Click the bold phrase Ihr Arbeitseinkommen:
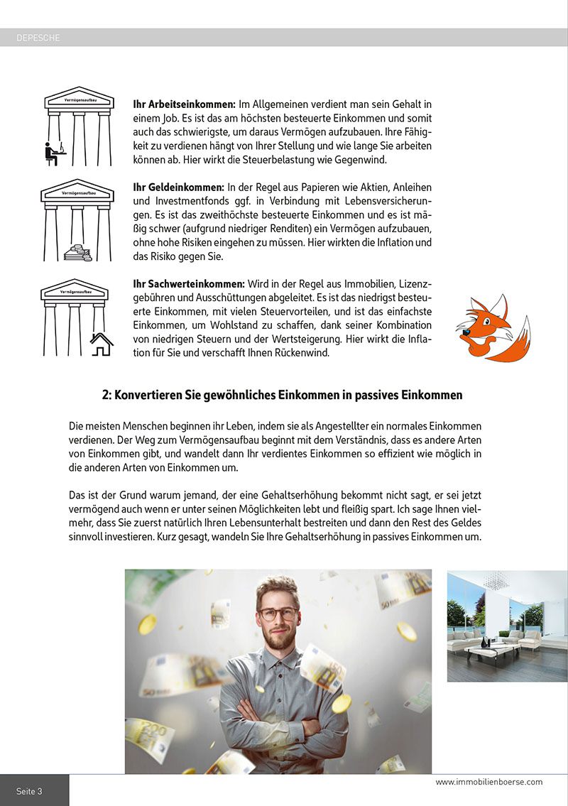[184, 105]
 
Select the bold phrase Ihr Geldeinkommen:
[178, 187]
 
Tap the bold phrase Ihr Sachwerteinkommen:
[189, 283]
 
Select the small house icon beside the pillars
[102, 344]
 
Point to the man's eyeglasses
[278, 613]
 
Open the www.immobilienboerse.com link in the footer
[488, 782]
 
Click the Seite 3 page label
[29, 790]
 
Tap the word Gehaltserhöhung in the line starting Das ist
[274, 494]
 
